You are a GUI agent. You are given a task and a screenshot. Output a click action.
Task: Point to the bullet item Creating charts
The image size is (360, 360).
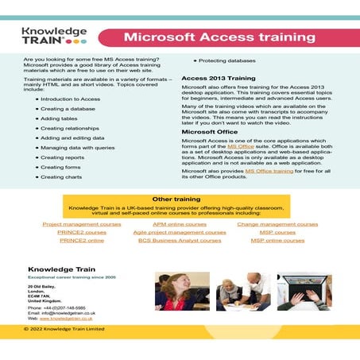click(x=64, y=176)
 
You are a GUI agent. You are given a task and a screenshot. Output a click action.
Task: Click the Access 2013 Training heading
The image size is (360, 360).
click(x=218, y=79)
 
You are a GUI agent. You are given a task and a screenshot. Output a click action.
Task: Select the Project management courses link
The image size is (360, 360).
click(x=82, y=224)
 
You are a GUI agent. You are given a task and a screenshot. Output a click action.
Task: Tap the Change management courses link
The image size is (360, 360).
click(x=277, y=224)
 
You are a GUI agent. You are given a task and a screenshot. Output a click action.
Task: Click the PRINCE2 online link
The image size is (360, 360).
click(x=82, y=240)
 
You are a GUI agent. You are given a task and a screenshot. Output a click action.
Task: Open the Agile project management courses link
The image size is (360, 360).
click(x=180, y=232)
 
